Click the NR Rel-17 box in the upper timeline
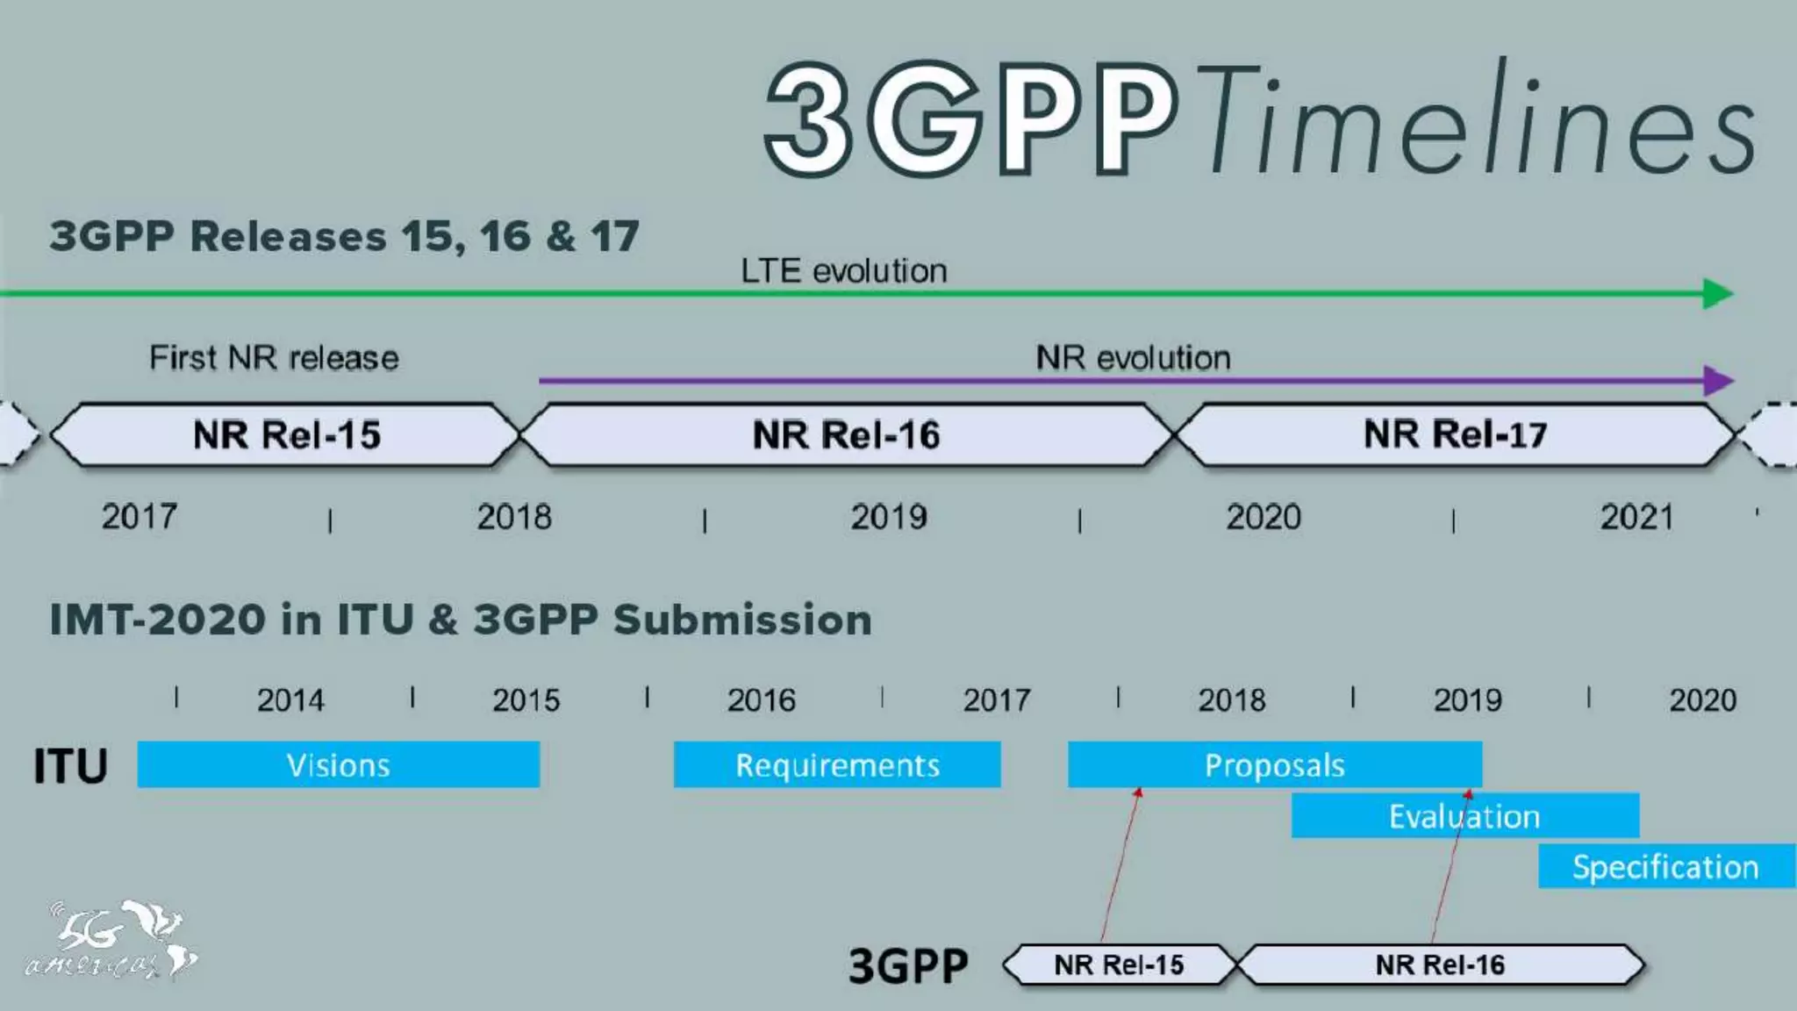(x=1455, y=434)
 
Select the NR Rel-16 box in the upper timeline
(x=846, y=434)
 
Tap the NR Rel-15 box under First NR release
(x=286, y=434)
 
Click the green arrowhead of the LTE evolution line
(x=1717, y=293)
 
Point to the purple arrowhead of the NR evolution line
(x=1717, y=381)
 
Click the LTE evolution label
(x=843, y=271)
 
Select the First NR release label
(x=274, y=358)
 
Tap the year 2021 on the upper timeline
(x=1636, y=517)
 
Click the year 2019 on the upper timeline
(x=888, y=517)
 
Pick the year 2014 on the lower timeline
(x=290, y=700)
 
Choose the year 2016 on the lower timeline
(x=761, y=700)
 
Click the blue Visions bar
(x=338, y=764)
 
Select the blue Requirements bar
(x=836, y=764)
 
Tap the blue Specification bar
(x=1665, y=866)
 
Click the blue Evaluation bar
(x=1464, y=816)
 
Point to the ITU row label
(x=70, y=766)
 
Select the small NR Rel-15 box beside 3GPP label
(x=1119, y=965)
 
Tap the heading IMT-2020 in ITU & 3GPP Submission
(x=461, y=620)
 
